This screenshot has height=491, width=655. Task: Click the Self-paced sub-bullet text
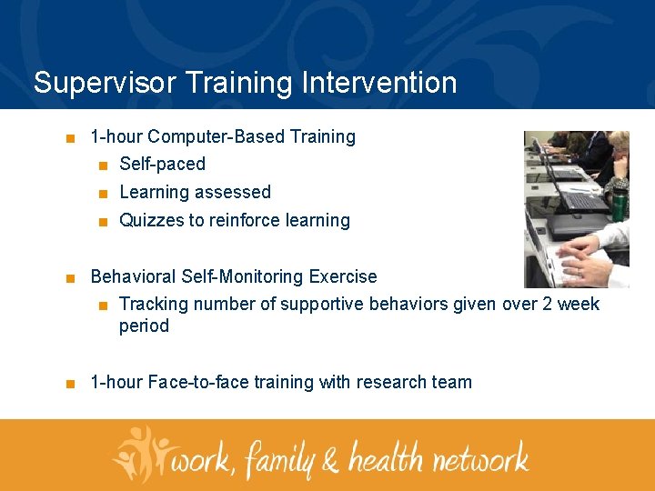click(x=162, y=165)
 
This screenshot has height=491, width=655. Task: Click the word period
click(x=144, y=326)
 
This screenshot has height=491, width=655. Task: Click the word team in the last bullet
click(x=451, y=383)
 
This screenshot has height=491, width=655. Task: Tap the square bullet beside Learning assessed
click(x=104, y=194)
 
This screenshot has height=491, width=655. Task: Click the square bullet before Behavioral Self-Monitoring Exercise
click(x=70, y=278)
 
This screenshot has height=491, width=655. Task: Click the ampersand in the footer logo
click(x=330, y=459)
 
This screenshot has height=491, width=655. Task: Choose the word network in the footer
click(x=479, y=456)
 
